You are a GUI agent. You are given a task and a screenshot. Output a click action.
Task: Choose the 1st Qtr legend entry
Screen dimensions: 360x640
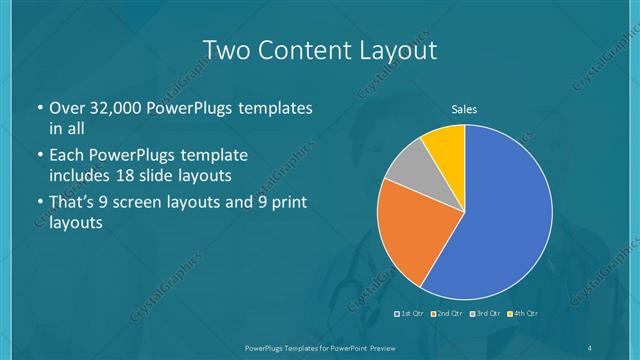pos(410,314)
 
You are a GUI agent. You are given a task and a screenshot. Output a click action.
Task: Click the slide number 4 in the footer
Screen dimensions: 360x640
pos(590,346)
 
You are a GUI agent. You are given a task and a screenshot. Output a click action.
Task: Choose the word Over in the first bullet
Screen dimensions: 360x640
pos(66,108)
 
